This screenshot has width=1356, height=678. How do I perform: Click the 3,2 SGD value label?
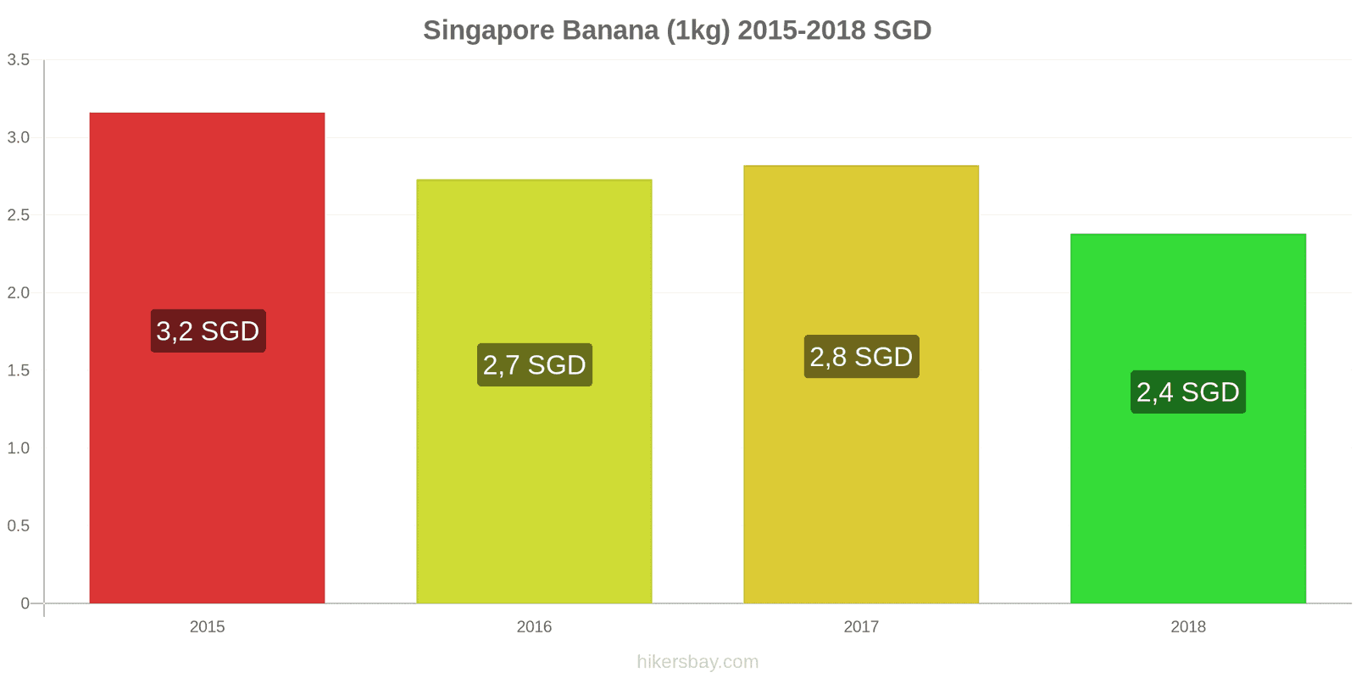[x=208, y=331]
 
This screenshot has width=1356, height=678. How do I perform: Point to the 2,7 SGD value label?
[x=535, y=365]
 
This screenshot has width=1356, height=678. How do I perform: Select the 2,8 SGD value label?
[x=861, y=357]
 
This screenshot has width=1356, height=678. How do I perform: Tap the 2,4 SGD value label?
[x=1187, y=392]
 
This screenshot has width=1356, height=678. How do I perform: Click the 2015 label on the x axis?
[x=207, y=627]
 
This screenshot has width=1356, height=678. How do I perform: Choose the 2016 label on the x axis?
[x=534, y=627]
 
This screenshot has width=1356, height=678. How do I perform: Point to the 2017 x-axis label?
[x=861, y=627]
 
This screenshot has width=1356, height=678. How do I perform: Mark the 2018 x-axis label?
[x=1187, y=627]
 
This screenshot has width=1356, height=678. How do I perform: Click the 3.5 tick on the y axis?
[x=19, y=60]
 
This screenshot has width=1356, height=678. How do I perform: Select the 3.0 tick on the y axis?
[x=19, y=137]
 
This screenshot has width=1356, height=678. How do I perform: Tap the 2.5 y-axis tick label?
[x=19, y=215]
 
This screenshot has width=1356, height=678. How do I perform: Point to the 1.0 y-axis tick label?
[x=19, y=448]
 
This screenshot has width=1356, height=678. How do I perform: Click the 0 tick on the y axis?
[x=25, y=603]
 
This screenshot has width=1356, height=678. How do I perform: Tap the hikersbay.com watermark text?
[x=697, y=662]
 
